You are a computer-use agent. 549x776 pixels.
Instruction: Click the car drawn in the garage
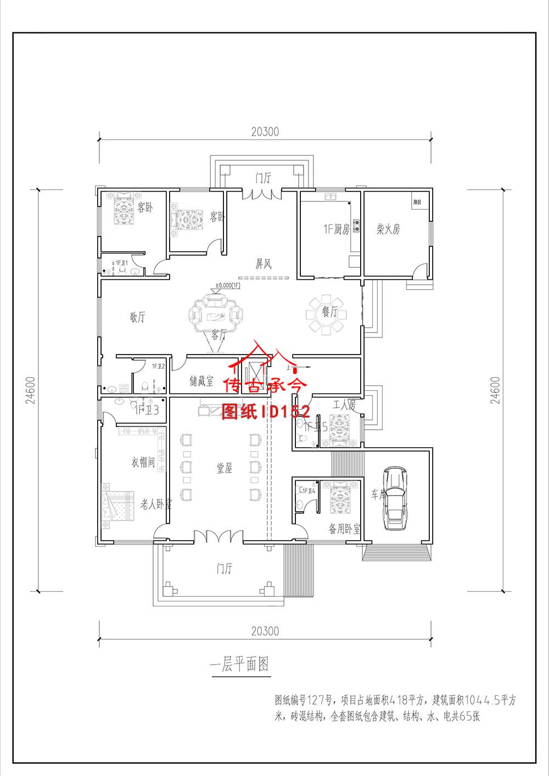tap(395, 498)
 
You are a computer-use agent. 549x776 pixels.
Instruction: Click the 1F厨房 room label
tap(336, 229)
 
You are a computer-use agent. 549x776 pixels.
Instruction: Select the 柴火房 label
tap(388, 229)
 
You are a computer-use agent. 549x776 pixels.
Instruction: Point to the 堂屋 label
tap(224, 468)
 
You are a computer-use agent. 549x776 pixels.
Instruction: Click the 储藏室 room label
tap(201, 381)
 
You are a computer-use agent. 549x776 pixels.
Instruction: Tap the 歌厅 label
tap(137, 317)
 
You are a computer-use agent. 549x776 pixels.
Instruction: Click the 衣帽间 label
tap(143, 462)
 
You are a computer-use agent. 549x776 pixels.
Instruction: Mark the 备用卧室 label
tap(344, 529)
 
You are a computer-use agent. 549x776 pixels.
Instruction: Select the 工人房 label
tap(344, 406)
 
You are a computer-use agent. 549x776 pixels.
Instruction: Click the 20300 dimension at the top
tap(265, 132)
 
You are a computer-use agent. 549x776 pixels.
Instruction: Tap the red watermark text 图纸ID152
tap(266, 412)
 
